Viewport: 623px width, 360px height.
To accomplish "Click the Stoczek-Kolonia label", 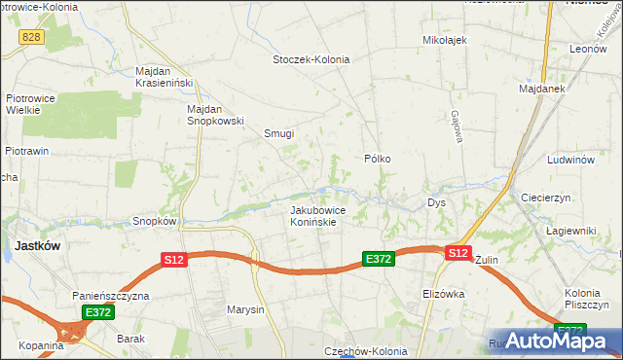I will [x=311, y=59].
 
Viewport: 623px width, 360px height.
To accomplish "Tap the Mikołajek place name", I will [x=445, y=40].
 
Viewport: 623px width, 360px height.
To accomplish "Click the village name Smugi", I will [x=278, y=134].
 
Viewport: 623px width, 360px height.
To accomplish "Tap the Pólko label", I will [x=377, y=157].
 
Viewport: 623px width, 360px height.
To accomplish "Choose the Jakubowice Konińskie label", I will [x=312, y=215].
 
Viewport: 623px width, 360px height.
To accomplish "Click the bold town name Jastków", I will [x=39, y=246].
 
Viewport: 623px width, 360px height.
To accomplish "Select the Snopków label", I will [x=155, y=221].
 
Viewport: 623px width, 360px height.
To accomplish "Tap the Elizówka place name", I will [x=443, y=293].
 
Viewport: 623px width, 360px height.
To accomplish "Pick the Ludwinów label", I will [x=570, y=159].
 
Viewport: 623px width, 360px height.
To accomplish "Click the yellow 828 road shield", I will [x=30, y=35].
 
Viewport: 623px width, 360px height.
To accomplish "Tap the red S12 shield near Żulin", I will [x=458, y=253].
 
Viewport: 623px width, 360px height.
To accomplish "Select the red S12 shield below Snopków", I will [x=173, y=260].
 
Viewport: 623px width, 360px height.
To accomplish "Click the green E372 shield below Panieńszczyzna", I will [x=98, y=312].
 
